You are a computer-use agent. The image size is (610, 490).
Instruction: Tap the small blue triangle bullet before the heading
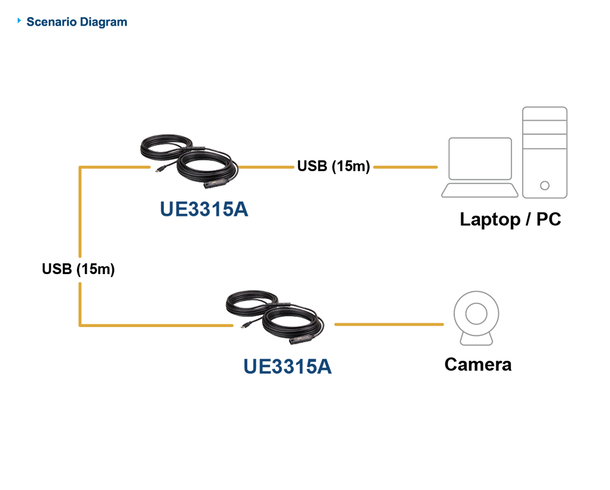[x=20, y=21]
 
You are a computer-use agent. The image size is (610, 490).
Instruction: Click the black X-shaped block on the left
[x=80, y=267]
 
